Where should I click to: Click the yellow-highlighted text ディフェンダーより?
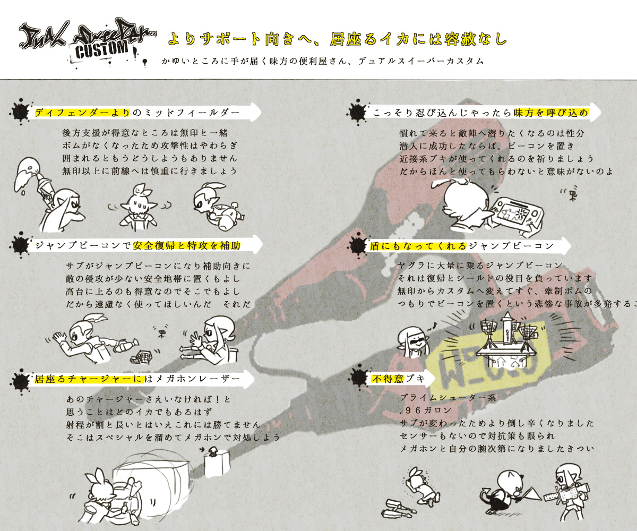(x=82, y=112)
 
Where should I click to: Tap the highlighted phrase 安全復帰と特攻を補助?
(x=187, y=245)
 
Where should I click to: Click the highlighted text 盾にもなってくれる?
(x=418, y=245)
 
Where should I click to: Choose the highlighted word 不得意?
(x=387, y=378)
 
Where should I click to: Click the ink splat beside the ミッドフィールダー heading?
(x=21, y=112)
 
